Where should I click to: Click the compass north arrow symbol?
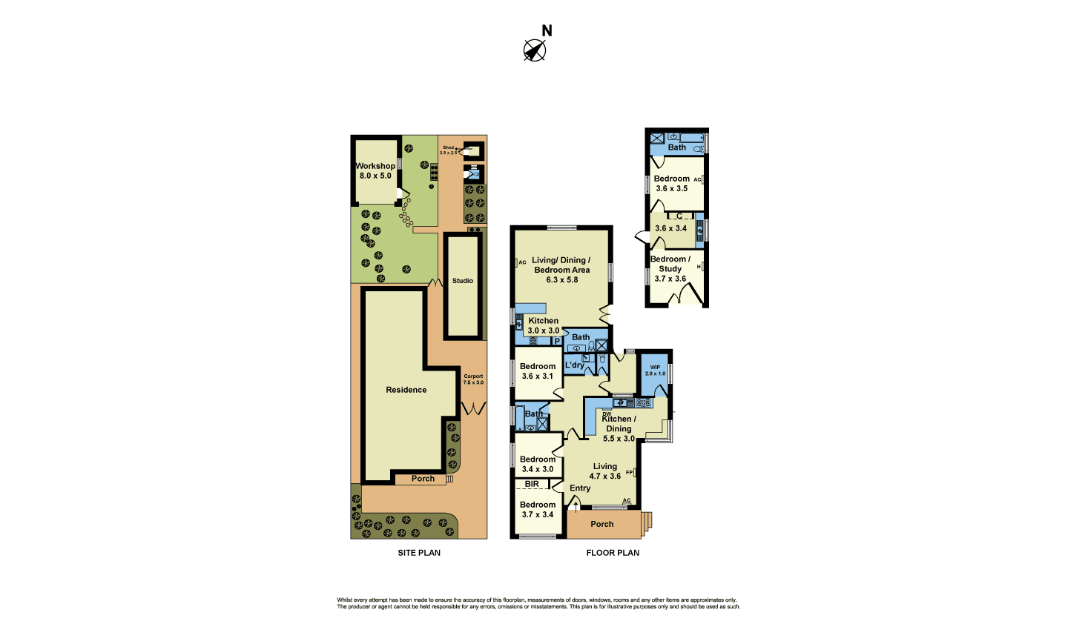coord(535,50)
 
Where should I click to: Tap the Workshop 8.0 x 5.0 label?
coord(375,171)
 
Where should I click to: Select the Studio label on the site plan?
coord(463,281)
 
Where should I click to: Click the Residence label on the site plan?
coord(406,390)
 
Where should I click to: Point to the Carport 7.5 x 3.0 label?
coord(473,379)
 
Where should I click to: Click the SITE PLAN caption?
coord(419,553)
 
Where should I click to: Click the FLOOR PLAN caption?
coord(613,553)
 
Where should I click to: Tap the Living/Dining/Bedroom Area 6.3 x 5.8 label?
coord(561,270)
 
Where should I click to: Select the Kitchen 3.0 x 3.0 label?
coord(544,326)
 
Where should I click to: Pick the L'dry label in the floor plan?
coord(574,365)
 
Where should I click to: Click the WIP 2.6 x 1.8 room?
coord(655,371)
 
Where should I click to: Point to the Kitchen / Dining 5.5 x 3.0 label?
coord(619,428)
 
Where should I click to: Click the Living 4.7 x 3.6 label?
coord(605,471)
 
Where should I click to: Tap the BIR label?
coord(532,484)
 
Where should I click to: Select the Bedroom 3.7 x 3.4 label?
coord(538,510)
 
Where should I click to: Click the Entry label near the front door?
coord(580,488)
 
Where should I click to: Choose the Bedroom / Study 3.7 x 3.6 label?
coord(670,269)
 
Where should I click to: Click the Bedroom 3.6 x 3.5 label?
coord(672,184)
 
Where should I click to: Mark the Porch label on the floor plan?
coord(602,524)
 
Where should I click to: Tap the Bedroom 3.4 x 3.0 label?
coord(538,464)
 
